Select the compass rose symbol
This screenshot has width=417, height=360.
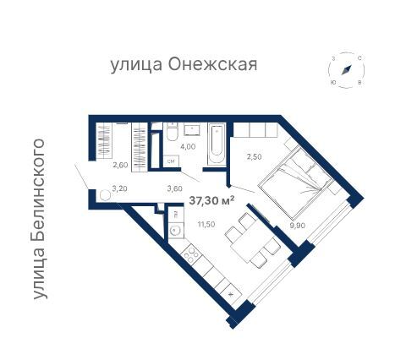pos(347,70)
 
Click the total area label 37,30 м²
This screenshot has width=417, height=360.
pos(211,199)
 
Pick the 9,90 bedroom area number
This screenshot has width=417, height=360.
pos(295,226)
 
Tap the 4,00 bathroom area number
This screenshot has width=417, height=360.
pos(189,147)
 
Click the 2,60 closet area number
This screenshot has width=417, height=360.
pos(120,166)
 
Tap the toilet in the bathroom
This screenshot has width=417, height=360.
pos(172,133)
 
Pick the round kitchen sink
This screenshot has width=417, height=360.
pos(174,229)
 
